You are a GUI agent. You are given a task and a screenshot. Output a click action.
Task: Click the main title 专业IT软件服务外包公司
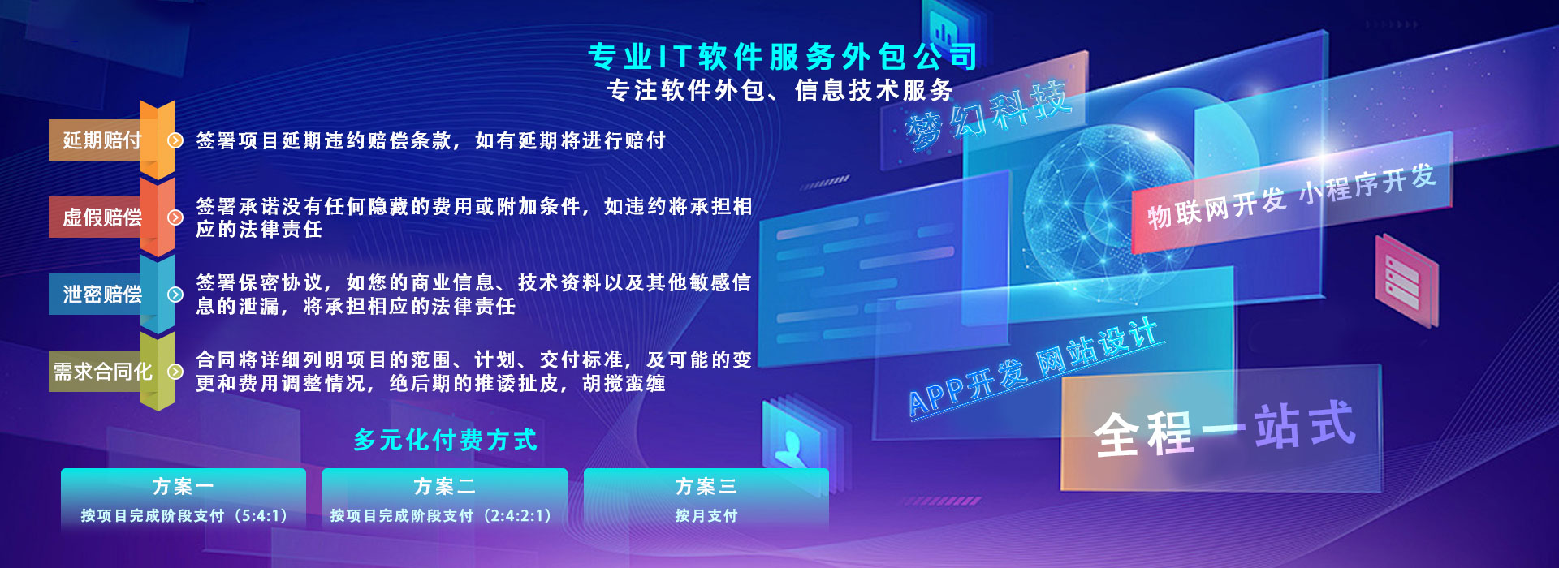tap(783, 57)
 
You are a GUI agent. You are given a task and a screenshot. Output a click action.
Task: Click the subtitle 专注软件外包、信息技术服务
tap(780, 90)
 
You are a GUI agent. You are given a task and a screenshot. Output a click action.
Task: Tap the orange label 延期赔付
tap(102, 140)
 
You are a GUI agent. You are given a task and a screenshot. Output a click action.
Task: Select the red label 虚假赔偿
tap(102, 217)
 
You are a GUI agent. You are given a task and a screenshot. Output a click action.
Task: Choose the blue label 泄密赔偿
tap(102, 295)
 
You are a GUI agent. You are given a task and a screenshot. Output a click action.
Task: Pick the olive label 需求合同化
tap(102, 372)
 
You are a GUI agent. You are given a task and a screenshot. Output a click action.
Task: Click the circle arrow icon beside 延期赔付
tap(175, 140)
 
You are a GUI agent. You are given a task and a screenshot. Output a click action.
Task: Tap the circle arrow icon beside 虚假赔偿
tap(175, 217)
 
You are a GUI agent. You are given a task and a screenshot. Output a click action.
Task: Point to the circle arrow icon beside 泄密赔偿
tap(175, 295)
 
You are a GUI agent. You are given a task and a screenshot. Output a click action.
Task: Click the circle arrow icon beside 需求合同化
tap(175, 372)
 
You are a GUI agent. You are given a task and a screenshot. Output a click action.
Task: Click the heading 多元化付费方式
tap(445, 440)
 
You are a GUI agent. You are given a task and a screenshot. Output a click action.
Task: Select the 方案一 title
tap(183, 486)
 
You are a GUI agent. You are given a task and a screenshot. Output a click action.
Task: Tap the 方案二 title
tap(444, 486)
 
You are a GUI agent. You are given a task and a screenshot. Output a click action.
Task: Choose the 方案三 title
tap(706, 486)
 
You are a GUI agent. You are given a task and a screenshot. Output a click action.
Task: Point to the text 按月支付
tap(706, 515)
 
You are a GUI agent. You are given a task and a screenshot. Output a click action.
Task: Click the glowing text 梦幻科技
tap(987, 115)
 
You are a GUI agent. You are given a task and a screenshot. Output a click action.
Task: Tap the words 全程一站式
tap(1224, 428)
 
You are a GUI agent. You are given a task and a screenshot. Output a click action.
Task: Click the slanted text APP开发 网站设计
tap(1035, 367)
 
